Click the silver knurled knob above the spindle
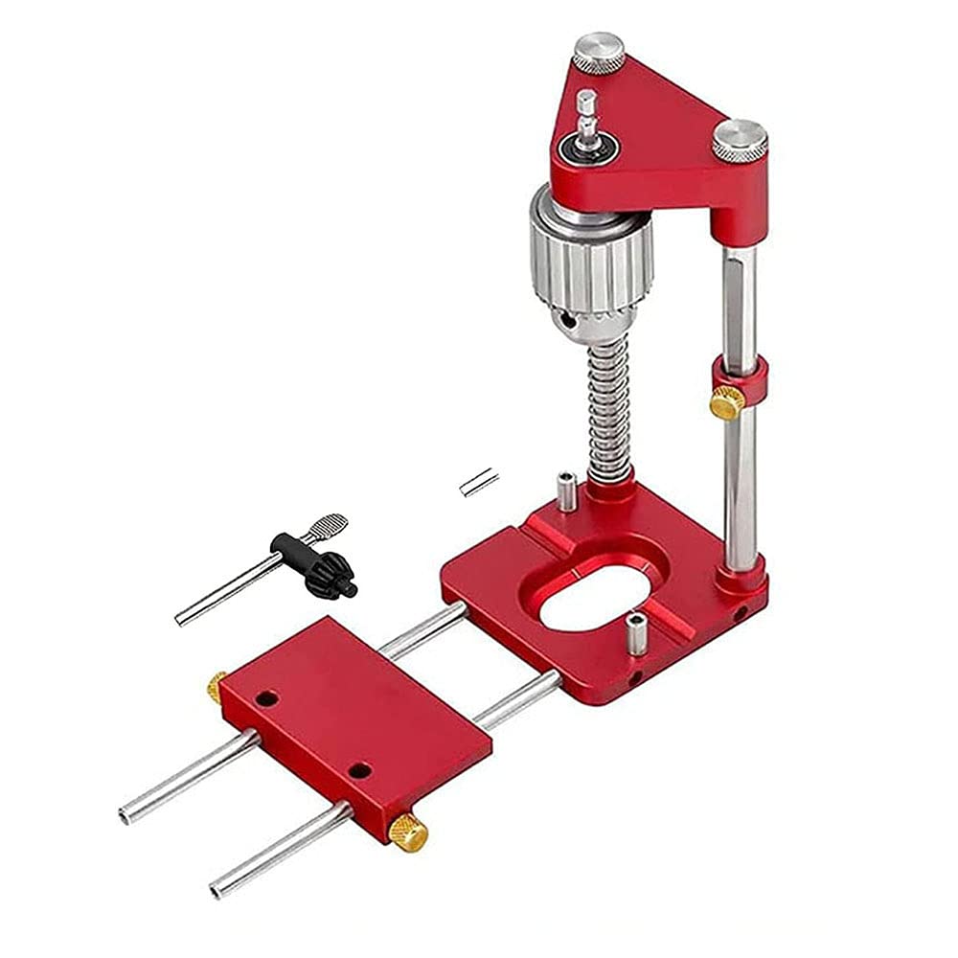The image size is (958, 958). [x=598, y=51]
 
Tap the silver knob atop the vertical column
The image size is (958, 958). [x=739, y=140]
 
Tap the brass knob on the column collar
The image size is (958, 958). [x=725, y=403]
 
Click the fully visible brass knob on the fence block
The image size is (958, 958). [x=409, y=832]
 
